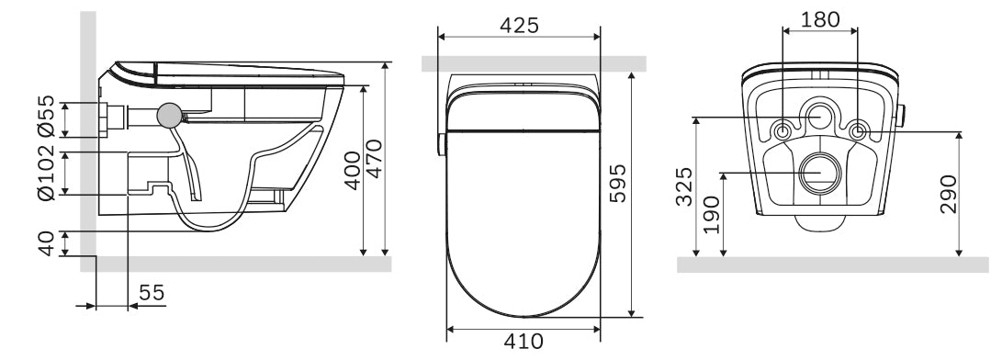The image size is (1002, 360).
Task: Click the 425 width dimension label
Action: pos(519,25)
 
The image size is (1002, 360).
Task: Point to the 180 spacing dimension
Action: pos(819,18)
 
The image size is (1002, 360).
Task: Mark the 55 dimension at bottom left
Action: pos(152,293)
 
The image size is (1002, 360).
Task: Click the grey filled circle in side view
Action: pos(169,115)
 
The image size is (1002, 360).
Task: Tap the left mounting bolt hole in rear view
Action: pos(782,130)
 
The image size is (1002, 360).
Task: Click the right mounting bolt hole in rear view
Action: pos(857,130)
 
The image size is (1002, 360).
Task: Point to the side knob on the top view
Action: pos(441,144)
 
